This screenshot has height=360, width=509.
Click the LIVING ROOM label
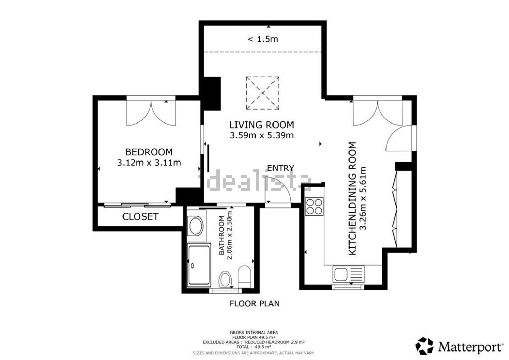[x=262, y=125]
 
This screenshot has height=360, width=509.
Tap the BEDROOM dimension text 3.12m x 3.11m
[x=149, y=163]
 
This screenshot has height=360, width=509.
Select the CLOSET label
[x=140, y=216]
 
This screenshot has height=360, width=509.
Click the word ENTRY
[x=281, y=168]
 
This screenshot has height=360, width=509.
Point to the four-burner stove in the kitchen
[x=314, y=206]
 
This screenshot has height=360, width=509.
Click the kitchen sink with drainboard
[x=348, y=274]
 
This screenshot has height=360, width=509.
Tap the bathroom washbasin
[x=196, y=226]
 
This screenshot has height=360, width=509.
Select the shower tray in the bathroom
[x=199, y=265]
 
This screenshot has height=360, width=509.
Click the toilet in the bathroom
[x=245, y=277]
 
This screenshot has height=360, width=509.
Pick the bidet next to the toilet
[x=225, y=279]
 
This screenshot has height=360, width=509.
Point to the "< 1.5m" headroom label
[x=263, y=39]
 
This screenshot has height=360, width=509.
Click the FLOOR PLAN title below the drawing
[x=254, y=304]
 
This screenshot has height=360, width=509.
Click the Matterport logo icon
[x=424, y=346]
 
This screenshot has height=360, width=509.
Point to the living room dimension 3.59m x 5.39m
[x=262, y=135]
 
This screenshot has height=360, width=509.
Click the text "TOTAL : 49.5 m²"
[x=254, y=347]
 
